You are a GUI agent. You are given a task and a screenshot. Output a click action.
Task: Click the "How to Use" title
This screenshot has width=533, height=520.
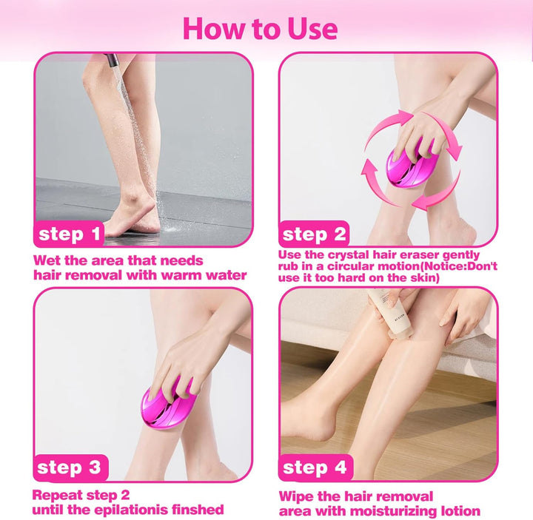coord(260,28)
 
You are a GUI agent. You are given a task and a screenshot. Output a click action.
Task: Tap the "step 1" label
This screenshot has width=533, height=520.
coord(71,235)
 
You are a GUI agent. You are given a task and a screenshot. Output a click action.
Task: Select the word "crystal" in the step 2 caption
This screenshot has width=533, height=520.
coord(356,254)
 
